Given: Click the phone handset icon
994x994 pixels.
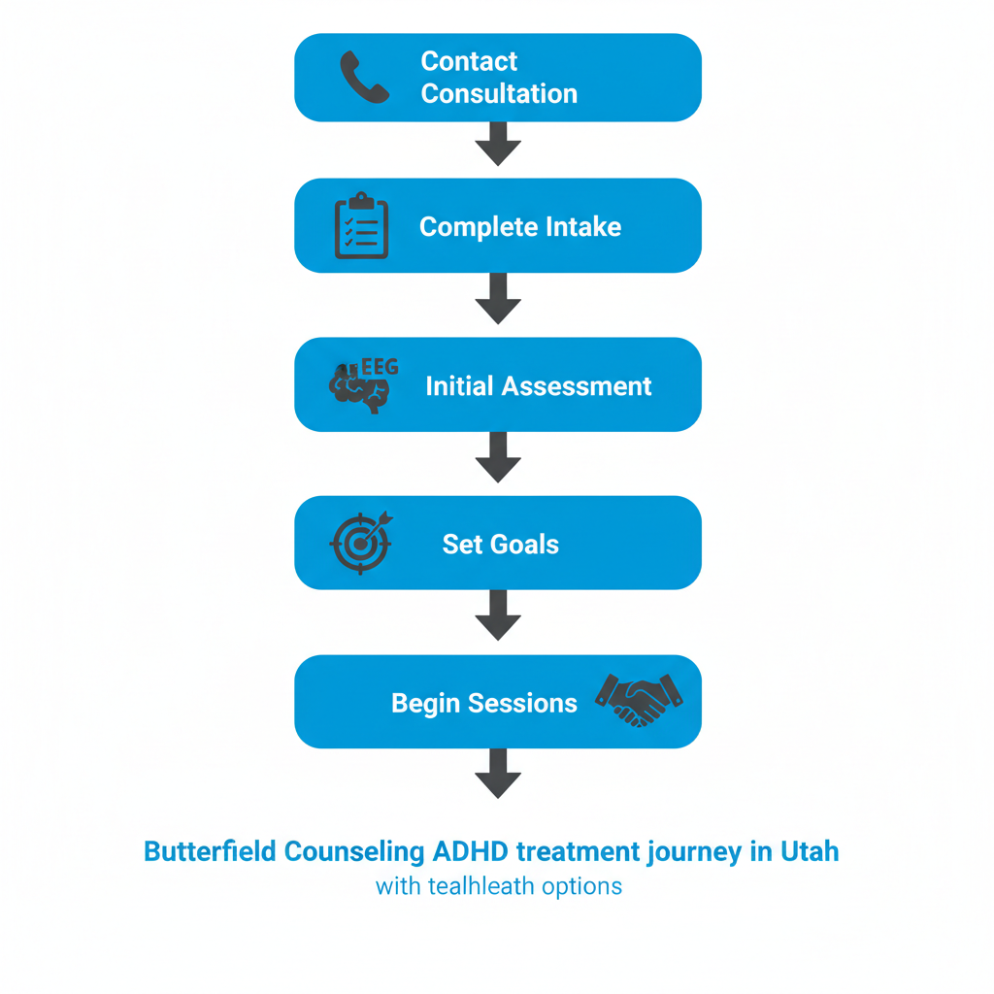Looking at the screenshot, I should point(364,78).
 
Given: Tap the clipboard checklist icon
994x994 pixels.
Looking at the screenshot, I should point(361,226).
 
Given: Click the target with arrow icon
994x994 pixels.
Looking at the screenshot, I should point(361,543).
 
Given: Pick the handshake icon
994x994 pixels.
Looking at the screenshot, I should point(638,701).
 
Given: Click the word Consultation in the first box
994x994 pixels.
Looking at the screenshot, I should point(499,94).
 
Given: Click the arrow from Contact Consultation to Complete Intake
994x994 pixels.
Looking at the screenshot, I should point(498,144).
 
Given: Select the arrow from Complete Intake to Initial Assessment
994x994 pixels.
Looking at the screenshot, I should point(498,298).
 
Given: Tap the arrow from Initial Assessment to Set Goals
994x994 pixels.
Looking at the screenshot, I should point(498,457).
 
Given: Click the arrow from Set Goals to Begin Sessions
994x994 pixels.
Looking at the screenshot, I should point(498,615).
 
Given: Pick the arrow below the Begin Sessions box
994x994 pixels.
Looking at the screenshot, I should point(498,774).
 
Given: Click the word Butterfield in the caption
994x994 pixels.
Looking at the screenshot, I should point(210,852).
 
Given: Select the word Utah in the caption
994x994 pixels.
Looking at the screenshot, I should point(810,852).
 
